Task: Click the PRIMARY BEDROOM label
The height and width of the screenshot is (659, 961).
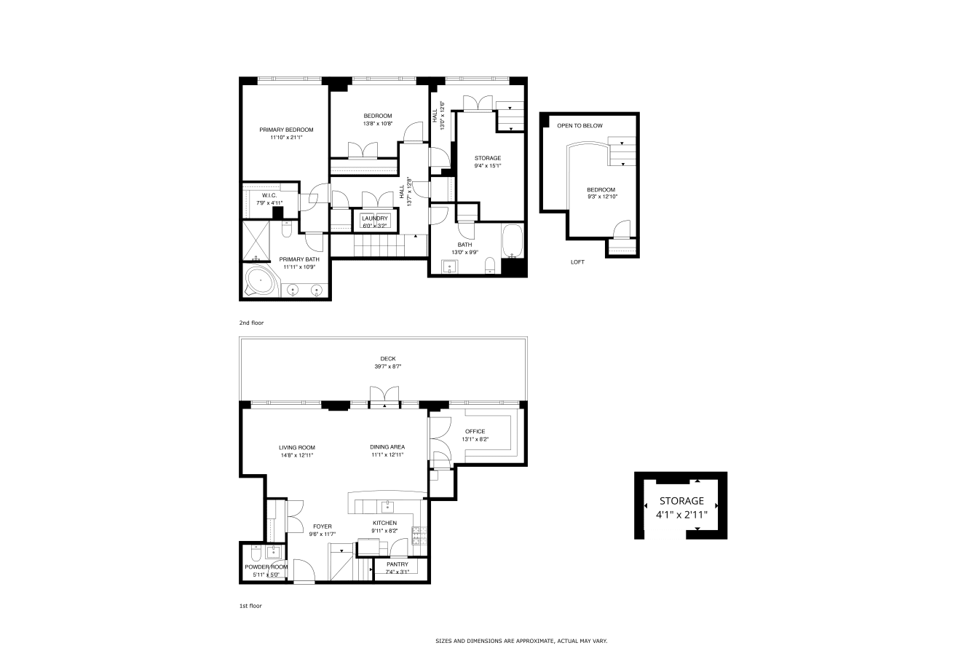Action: pos(286,130)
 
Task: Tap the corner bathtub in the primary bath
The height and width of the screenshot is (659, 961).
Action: pos(261,280)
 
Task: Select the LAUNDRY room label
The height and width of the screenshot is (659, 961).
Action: pos(374,218)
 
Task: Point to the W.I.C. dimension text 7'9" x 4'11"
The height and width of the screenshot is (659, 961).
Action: pos(269,203)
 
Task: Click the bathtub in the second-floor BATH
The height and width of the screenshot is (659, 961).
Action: pos(513,241)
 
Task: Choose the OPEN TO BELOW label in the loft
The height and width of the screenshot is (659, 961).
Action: pos(580,126)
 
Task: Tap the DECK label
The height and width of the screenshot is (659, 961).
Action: pos(388,359)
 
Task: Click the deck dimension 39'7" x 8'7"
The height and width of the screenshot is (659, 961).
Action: pos(388,366)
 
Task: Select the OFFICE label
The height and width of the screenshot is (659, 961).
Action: pos(475,431)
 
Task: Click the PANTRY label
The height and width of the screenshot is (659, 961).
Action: pos(398,564)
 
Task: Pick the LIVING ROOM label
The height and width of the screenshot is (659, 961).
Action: pos(297,448)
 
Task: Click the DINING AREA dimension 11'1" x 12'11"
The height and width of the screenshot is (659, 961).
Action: pos(387,455)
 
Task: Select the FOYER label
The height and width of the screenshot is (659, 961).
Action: pos(323,526)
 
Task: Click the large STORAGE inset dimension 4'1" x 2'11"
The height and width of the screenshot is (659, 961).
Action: pos(681,515)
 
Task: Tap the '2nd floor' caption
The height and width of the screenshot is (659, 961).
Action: pos(251,323)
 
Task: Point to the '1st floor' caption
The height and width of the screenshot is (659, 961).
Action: pos(250,606)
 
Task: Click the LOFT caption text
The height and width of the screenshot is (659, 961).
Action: pos(577,262)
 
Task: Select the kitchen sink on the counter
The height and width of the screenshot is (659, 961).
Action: pos(387,507)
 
